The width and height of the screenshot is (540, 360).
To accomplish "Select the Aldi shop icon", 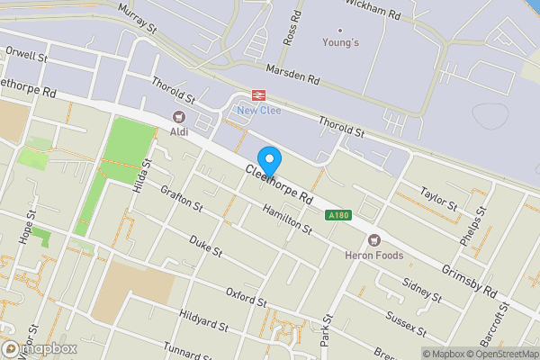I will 178,117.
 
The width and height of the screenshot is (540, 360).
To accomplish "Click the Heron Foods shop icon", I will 373,239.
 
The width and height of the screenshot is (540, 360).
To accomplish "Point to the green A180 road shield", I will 338,215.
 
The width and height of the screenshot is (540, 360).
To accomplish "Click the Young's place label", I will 341,42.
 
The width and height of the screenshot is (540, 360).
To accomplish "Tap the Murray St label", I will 139,18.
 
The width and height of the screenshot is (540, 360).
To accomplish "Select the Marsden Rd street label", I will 293,73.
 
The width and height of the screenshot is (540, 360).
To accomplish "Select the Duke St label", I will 205,246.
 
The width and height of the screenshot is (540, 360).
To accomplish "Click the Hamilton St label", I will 287,219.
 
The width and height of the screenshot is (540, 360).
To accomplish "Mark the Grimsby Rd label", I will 470,281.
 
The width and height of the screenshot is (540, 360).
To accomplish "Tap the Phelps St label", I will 477,221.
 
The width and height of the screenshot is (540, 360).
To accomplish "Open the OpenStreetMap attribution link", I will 498,354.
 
